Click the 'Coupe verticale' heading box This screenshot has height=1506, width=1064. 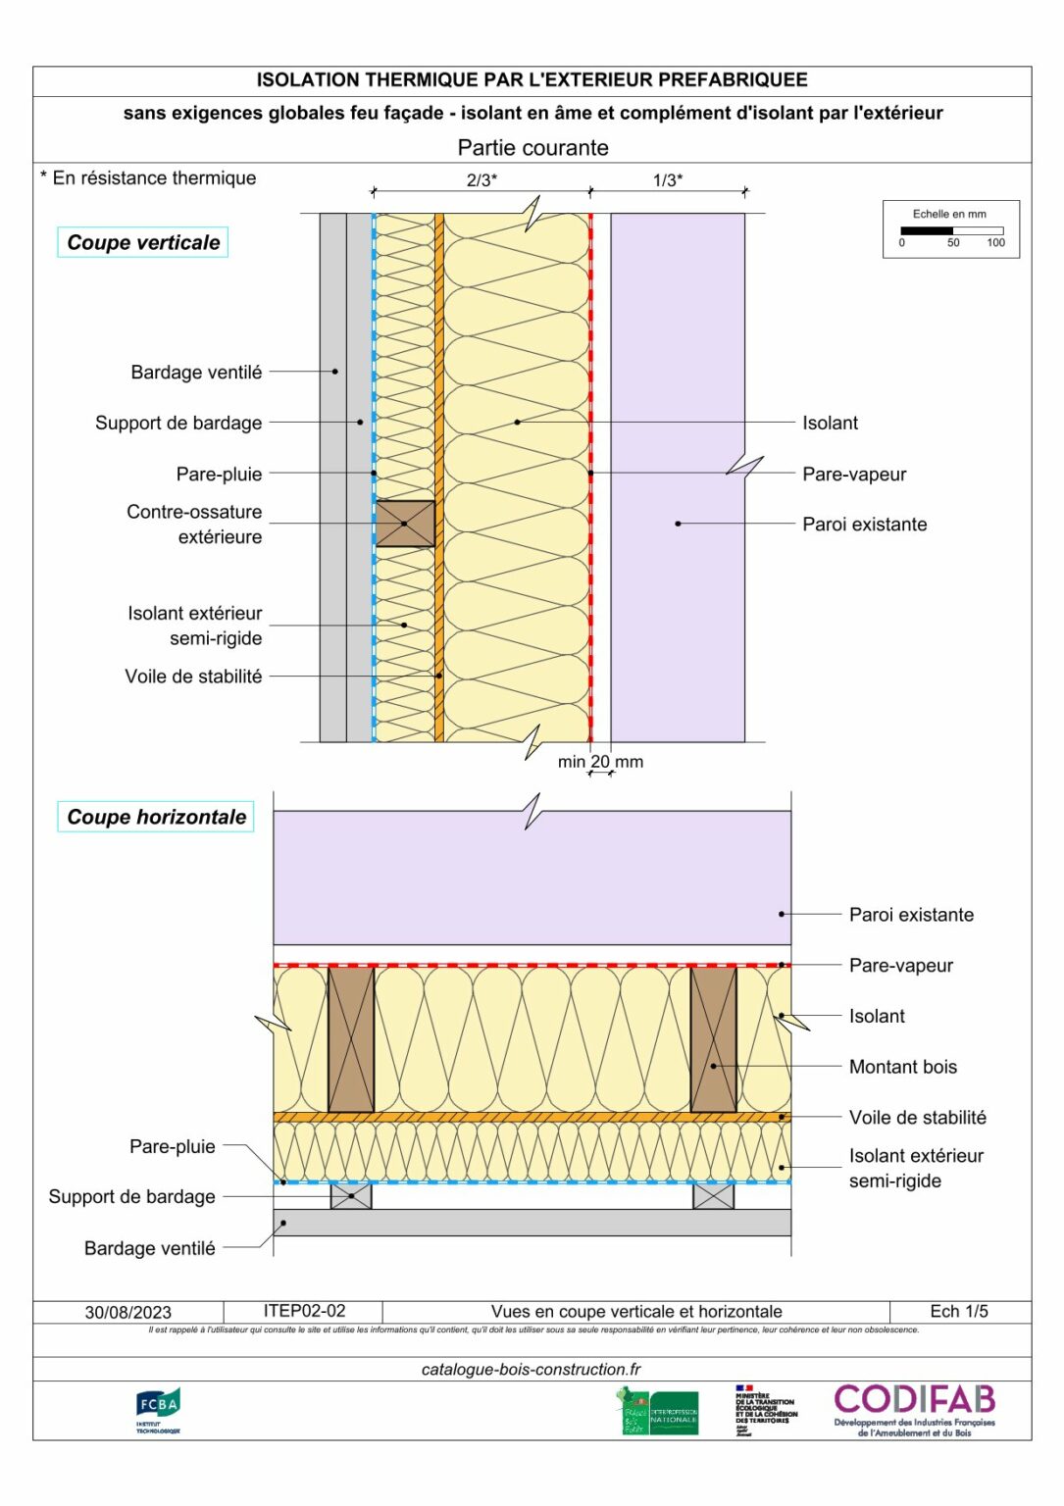click(x=143, y=242)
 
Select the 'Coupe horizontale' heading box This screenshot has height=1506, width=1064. click(x=156, y=817)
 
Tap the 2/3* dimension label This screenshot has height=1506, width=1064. click(x=481, y=180)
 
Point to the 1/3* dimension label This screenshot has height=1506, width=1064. click(x=668, y=180)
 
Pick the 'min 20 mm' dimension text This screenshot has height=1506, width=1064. click(x=600, y=761)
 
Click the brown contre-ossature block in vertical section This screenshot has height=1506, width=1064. click(x=405, y=524)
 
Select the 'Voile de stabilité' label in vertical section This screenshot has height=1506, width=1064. click(x=193, y=677)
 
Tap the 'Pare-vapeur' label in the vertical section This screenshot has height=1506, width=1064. click(x=854, y=474)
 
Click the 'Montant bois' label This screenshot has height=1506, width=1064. click(x=902, y=1067)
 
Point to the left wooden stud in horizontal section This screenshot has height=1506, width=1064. click(x=351, y=1039)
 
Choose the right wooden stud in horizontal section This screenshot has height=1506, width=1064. click(x=713, y=1039)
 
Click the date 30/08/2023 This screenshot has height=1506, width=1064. click(x=127, y=1312)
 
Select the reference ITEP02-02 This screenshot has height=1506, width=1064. click(x=304, y=1311)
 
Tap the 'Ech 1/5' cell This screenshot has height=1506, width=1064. click(x=959, y=1311)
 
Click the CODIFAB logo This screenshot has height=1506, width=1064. click(x=914, y=1409)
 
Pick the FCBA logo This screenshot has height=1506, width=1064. click(x=158, y=1410)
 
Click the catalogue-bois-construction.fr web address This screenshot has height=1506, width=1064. click(x=531, y=1370)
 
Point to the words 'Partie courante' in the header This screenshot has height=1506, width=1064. click(x=532, y=148)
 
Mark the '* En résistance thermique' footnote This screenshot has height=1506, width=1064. click(x=148, y=177)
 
